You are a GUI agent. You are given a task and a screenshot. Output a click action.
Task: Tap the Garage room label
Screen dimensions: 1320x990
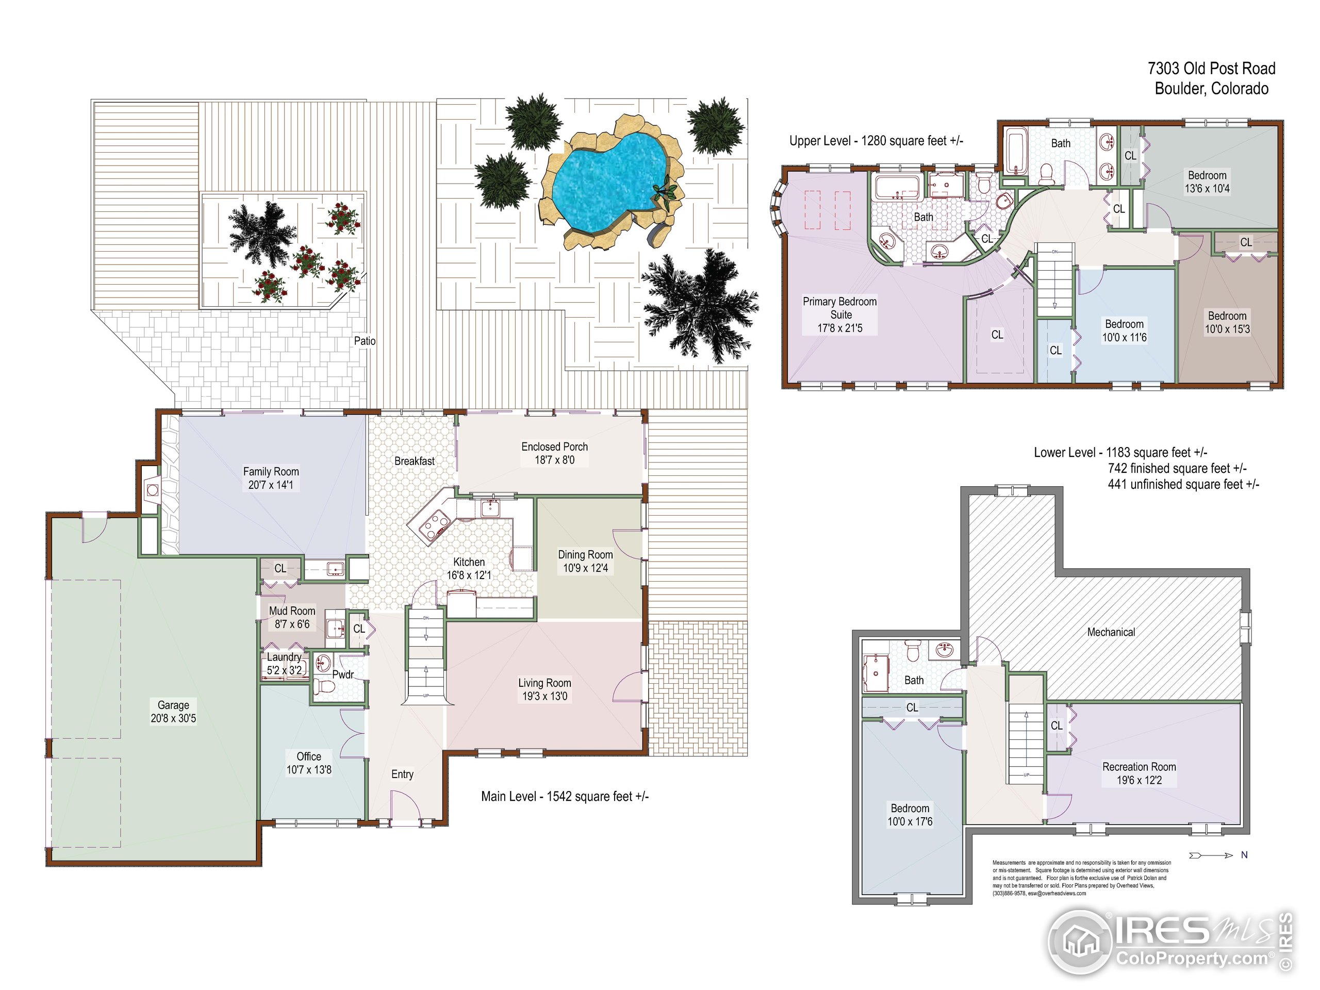(173, 705)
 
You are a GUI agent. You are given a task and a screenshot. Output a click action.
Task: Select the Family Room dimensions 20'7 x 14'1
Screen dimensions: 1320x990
(271, 485)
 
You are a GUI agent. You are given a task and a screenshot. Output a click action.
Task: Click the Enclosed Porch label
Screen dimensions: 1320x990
(554, 447)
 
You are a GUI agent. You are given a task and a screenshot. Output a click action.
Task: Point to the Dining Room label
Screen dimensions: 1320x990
(585, 555)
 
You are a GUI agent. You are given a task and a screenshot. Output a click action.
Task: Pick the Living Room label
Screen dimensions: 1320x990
(544, 683)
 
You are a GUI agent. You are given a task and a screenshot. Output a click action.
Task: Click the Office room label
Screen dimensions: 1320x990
(309, 756)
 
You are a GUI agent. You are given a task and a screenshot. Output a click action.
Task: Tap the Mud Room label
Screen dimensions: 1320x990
(292, 611)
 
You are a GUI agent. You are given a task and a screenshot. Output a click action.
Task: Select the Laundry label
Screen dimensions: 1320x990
(284, 657)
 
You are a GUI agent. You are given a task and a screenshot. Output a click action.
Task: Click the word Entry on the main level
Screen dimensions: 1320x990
(402, 774)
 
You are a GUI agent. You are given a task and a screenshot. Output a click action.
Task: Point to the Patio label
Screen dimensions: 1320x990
(365, 341)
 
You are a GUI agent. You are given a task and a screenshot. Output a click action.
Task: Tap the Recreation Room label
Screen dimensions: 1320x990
(1139, 767)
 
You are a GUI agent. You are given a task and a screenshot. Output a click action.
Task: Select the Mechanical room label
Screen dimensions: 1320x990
(1111, 632)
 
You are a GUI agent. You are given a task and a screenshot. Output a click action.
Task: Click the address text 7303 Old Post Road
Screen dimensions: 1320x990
(1211, 69)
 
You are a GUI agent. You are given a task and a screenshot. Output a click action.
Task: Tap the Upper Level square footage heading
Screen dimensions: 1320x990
(876, 141)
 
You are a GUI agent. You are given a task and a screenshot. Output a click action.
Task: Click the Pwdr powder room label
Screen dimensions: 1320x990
(343, 675)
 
